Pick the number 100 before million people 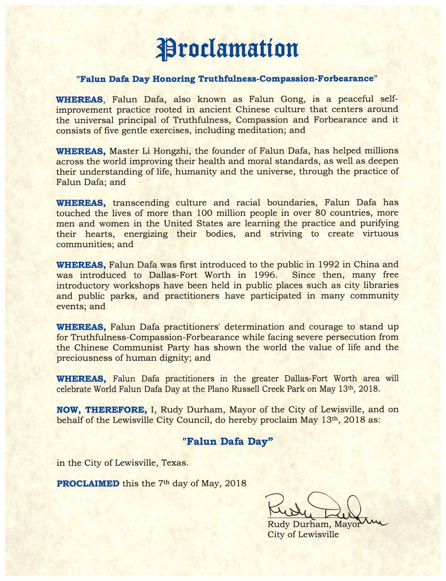tap(204, 213)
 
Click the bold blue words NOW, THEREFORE tap(102, 410)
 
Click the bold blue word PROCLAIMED tap(88, 483)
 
